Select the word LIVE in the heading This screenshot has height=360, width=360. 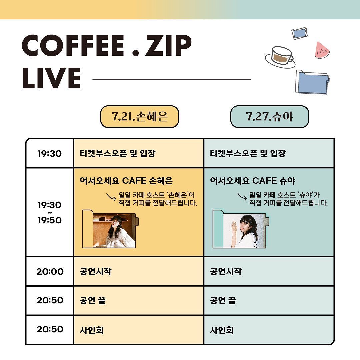coord(51,78)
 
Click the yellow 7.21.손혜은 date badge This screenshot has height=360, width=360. coord(140,117)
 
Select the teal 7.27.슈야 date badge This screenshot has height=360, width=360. coord(270,117)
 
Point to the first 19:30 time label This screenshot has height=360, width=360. coord(49,154)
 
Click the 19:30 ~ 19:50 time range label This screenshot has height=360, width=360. coord(49,212)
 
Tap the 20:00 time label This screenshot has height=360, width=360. coord(50,271)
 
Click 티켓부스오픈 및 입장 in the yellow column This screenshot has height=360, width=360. coord(118,154)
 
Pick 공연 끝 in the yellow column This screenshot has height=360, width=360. coord(93,301)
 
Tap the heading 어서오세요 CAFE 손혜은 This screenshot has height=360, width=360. coord(126,181)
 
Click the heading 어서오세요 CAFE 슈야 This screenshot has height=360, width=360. coord(252,181)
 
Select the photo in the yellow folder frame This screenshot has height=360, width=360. coord(114,231)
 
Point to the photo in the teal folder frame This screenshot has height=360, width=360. coord(244,231)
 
